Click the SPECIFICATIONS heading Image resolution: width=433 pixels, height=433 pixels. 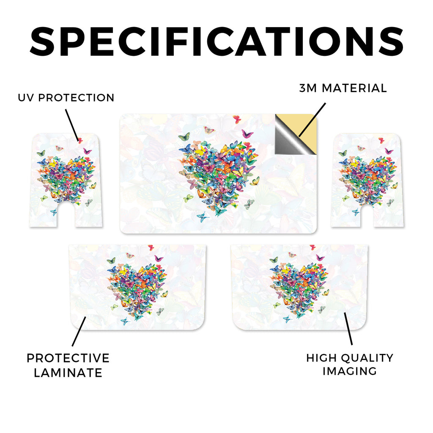[216, 41]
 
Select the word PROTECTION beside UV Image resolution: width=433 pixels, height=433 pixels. [76, 98]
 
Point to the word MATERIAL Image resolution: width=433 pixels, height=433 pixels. [354, 88]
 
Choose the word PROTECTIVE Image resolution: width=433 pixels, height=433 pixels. [68, 358]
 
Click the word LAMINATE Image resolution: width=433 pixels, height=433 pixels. [68, 373]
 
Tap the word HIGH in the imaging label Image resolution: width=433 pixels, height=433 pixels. [321, 358]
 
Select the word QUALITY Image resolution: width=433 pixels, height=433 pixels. [367, 358]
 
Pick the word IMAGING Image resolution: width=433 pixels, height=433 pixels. [350, 371]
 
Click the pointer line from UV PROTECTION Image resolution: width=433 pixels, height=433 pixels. [72, 125]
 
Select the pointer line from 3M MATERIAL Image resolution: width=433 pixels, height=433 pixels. [312, 120]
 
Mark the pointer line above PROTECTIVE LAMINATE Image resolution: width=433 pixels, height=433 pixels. [79, 332]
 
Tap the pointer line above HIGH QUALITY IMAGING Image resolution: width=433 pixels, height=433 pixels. [348, 329]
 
